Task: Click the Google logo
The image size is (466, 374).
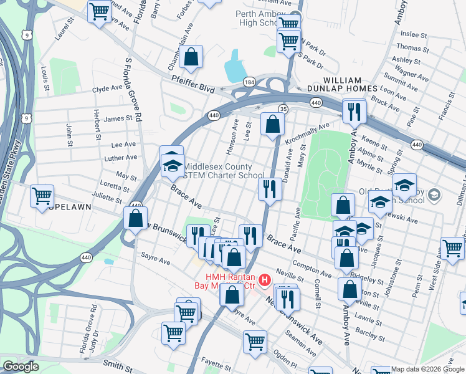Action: pos(21,367)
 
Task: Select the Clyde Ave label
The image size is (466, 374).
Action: pos(107,89)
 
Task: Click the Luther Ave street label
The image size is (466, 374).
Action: pos(121,158)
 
